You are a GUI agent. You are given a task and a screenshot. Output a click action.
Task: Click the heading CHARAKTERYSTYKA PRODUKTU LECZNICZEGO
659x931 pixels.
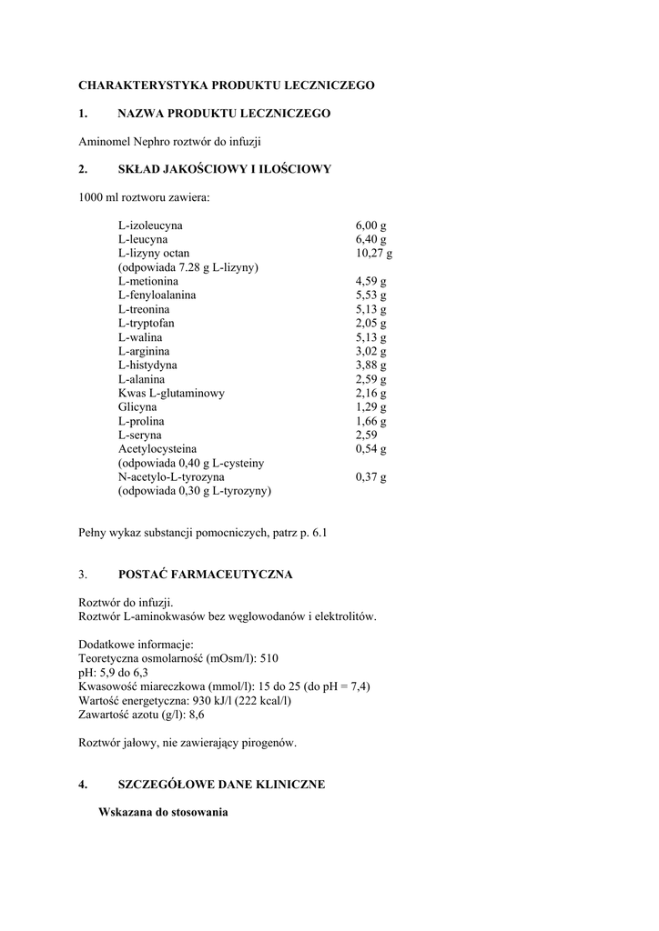point(227,85)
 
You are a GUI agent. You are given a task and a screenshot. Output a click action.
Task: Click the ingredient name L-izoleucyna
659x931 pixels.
point(149,225)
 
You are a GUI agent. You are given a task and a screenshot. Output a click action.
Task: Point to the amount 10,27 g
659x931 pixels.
point(373,253)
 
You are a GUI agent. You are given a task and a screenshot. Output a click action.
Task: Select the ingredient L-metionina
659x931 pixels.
point(147,281)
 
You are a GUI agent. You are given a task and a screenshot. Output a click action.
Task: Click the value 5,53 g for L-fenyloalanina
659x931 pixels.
point(370,295)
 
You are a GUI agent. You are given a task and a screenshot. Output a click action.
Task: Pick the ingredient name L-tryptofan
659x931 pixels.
point(146,323)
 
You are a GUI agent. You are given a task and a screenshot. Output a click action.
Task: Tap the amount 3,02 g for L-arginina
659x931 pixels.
point(370,351)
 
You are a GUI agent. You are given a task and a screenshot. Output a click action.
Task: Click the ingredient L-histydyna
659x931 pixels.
point(147,365)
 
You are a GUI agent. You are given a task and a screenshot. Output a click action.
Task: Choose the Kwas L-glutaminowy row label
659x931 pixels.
point(171,394)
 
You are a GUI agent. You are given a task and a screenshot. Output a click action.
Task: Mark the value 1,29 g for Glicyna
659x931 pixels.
point(370,407)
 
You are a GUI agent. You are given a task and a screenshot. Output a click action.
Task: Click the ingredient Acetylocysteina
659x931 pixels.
point(157,449)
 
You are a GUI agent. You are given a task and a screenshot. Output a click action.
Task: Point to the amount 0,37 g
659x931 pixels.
point(370,476)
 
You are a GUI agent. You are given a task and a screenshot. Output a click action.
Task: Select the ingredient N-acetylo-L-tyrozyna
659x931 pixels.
point(171,476)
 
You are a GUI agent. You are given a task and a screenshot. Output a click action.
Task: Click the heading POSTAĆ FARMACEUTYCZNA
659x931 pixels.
point(206,576)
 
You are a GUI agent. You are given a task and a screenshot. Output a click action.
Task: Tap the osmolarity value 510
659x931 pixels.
point(269,659)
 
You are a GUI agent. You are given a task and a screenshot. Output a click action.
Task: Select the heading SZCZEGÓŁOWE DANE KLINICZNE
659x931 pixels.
point(221,784)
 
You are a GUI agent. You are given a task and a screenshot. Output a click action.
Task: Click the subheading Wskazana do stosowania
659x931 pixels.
point(163,812)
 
